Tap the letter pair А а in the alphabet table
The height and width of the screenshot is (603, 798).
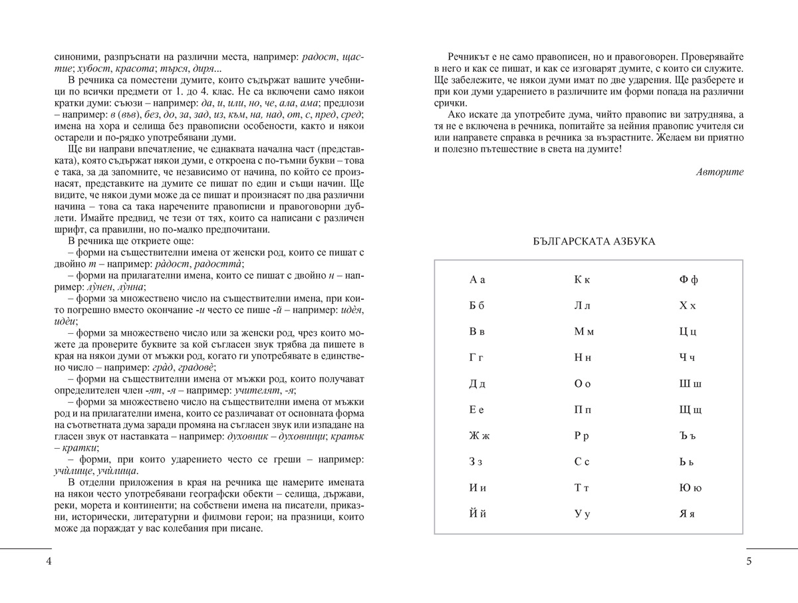[x=477, y=280]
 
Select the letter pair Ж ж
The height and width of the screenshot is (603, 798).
[x=478, y=436]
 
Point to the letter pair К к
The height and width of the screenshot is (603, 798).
[x=582, y=280]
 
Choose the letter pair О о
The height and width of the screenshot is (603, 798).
[x=582, y=384]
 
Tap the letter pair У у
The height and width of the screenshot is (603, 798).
[x=582, y=514]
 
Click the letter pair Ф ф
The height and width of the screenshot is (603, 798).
[x=688, y=280]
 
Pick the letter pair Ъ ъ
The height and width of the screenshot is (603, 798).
[x=688, y=436]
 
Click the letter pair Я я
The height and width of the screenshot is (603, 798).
[x=687, y=514]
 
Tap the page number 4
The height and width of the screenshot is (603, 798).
[x=49, y=561]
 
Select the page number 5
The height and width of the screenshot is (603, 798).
[x=749, y=561]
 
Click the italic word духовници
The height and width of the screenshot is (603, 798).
[x=303, y=435]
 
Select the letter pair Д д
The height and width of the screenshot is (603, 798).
[x=477, y=384]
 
